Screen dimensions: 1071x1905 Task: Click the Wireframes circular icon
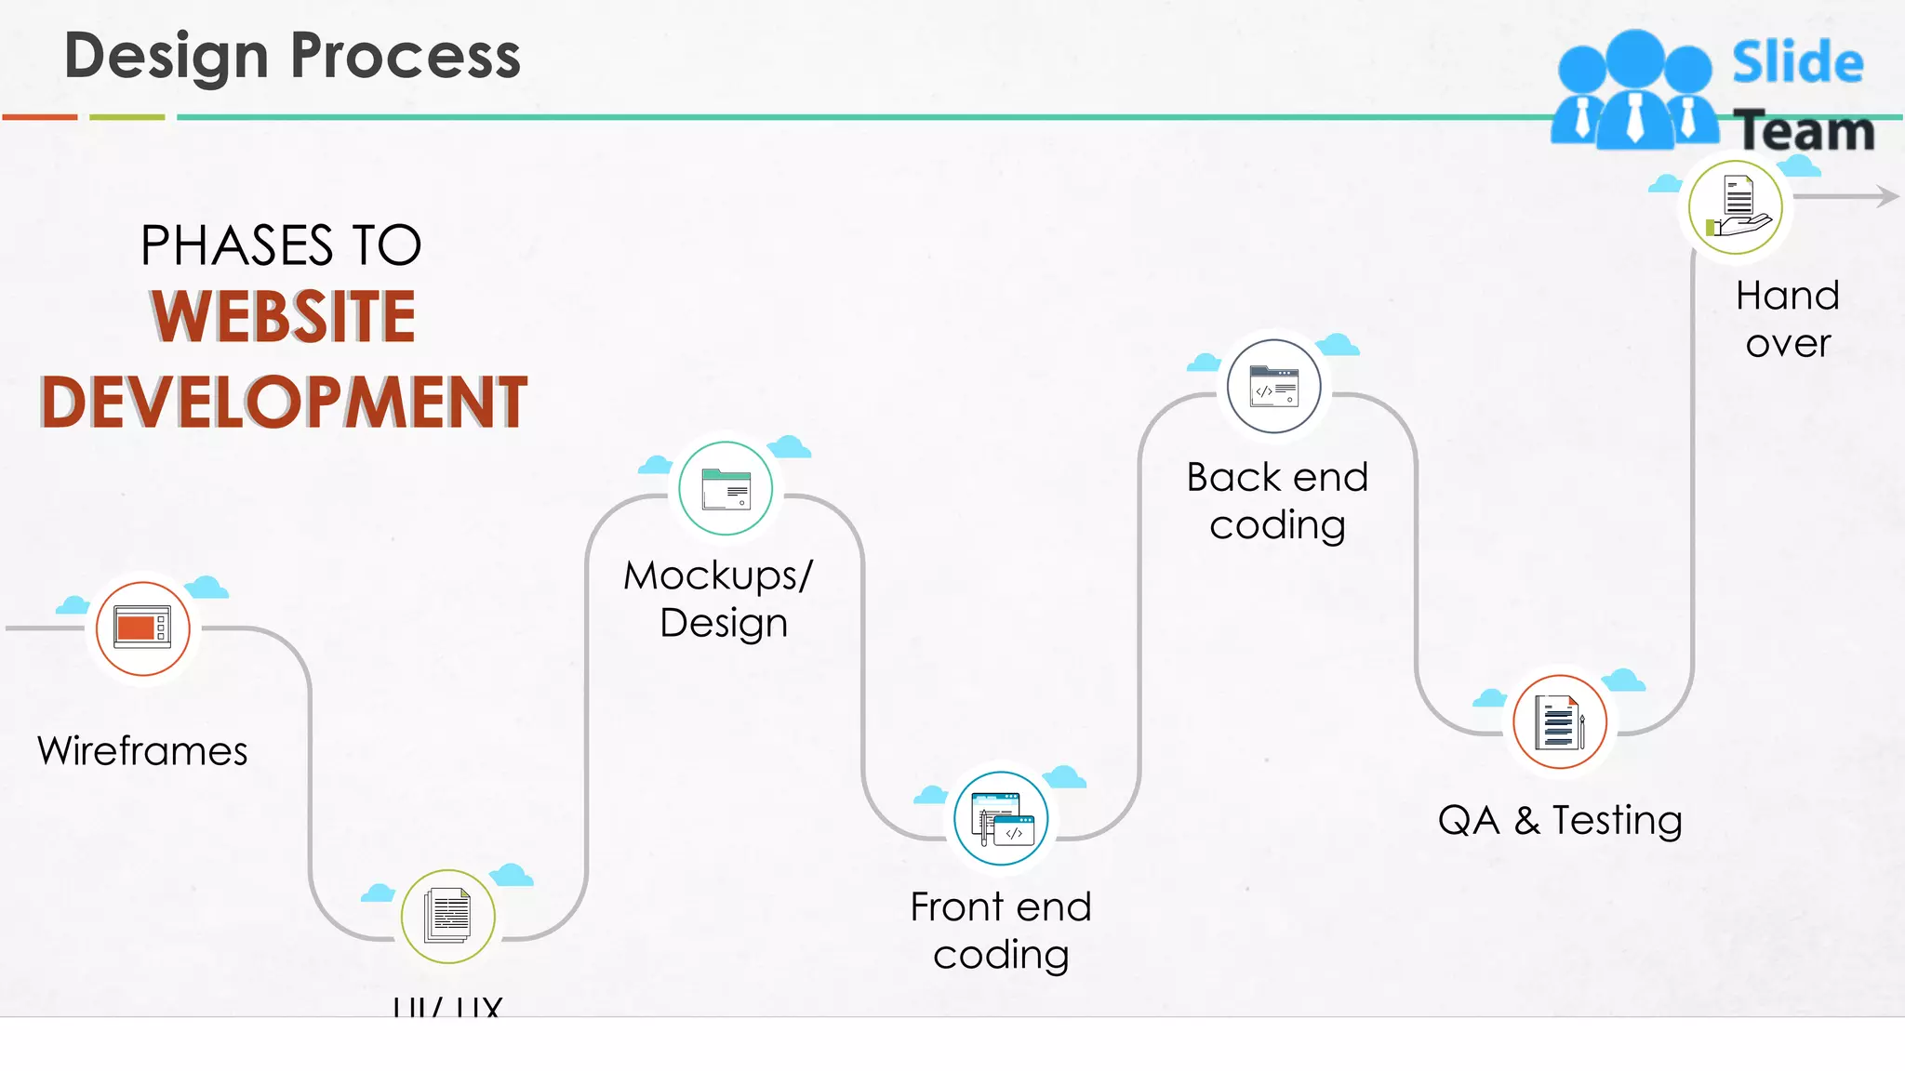pos(142,628)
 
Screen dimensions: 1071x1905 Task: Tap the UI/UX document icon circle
pos(447,917)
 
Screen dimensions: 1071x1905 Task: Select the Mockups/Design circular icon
pos(726,488)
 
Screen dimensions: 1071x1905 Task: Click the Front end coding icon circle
pos(1001,818)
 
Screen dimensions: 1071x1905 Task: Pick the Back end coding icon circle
pos(1273,386)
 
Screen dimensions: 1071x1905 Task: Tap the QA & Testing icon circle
pos(1560,721)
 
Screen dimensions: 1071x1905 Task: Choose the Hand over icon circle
pos(1736,206)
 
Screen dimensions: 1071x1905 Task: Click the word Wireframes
pos(142,750)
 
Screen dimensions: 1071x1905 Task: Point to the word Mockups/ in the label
pos(718,575)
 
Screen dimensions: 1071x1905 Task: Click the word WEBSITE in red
pos(284,317)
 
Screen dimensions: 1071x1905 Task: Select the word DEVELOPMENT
pos(284,403)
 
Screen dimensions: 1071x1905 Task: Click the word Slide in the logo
pos(1797,62)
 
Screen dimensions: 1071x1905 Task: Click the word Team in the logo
pos(1805,130)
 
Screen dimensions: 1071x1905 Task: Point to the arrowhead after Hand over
pos(1888,196)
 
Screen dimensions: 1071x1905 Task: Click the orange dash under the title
pos(40,117)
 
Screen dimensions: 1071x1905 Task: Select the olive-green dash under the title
pos(127,117)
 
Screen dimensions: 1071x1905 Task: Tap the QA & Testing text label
pos(1560,820)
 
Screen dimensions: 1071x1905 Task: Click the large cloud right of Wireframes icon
pos(206,588)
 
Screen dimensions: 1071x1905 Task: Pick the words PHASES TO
pos(281,245)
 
